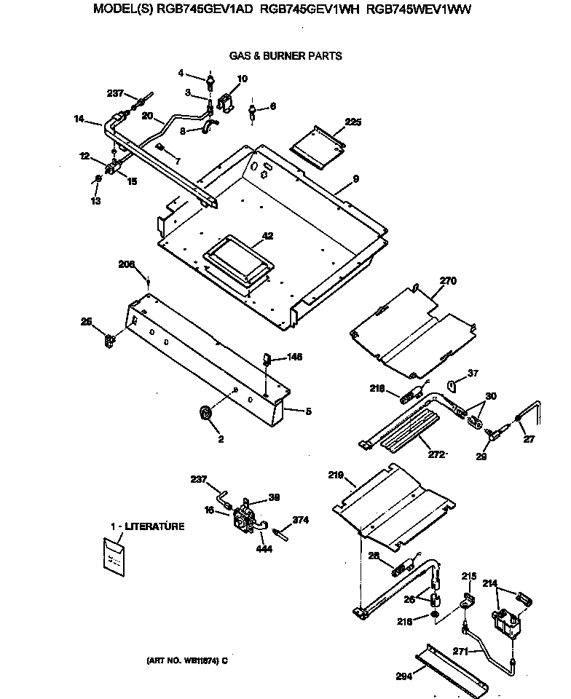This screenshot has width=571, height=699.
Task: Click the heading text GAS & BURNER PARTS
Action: [285, 56]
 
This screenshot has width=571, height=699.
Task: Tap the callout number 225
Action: [353, 122]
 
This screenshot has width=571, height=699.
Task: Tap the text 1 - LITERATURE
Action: [147, 526]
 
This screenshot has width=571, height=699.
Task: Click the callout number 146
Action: [294, 357]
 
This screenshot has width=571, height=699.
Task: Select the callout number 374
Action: [301, 520]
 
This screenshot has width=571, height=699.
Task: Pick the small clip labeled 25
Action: [110, 339]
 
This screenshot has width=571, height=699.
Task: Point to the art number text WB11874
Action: [187, 661]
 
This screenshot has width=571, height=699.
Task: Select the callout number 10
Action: [243, 79]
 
